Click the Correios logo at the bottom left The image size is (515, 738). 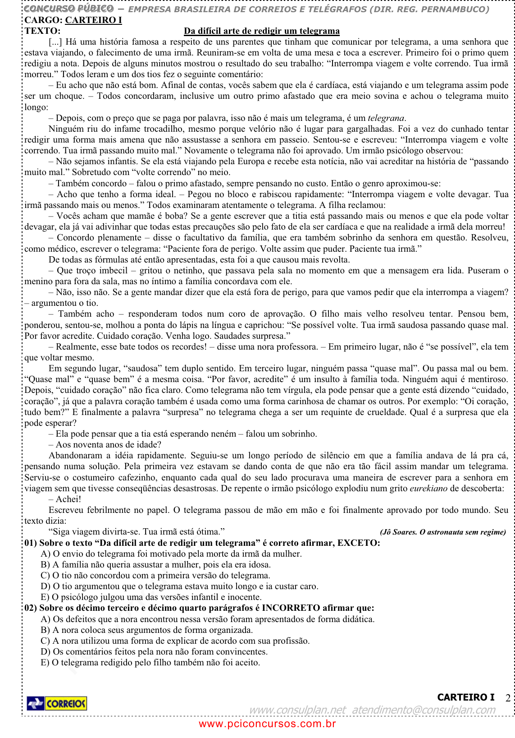click(57, 703)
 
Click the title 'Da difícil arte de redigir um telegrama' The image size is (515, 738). click(261, 31)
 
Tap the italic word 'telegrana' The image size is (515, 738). click(386, 118)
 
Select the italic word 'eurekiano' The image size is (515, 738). click(428, 488)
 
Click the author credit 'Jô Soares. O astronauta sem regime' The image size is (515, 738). click(443, 532)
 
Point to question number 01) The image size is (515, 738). click(31, 543)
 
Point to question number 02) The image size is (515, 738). click(31, 608)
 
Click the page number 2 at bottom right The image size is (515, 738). click(508, 698)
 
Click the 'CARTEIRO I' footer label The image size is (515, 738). click(465, 697)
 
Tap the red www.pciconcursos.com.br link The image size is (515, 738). click(267, 724)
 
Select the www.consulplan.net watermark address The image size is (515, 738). click(297, 710)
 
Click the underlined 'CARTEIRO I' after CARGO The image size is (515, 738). click(93, 20)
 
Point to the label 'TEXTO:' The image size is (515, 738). click(42, 31)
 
